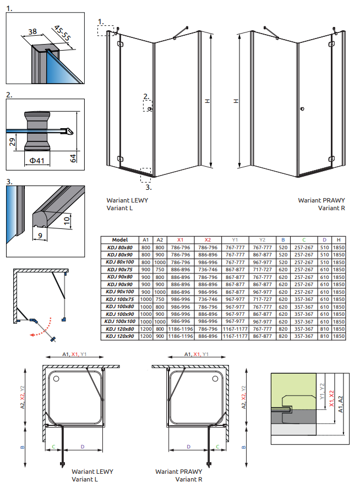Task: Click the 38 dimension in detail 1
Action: (x=32, y=32)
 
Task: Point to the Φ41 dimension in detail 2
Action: (x=36, y=160)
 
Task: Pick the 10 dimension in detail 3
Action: (x=67, y=221)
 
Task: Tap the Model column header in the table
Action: (x=119, y=240)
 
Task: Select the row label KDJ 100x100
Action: (x=119, y=321)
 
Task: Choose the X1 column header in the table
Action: (x=180, y=240)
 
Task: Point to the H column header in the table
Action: (x=339, y=240)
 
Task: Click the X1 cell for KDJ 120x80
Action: (x=180, y=329)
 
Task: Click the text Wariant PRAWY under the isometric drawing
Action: (x=317, y=201)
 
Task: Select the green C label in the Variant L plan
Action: (x=53, y=446)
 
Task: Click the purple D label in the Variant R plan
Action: (x=188, y=446)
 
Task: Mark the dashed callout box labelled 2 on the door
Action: (x=148, y=107)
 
